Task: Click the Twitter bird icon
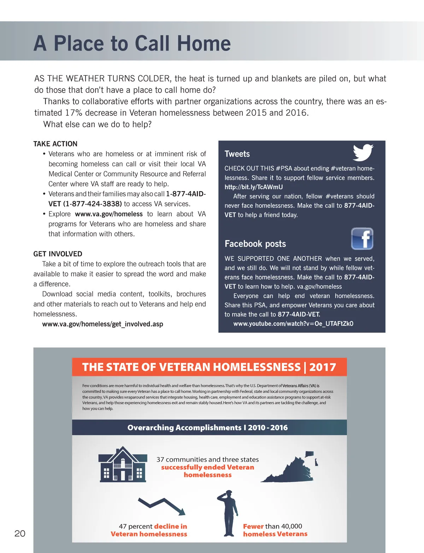pyautogui.click(x=363, y=152)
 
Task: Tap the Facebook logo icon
pyautogui.click(x=362, y=239)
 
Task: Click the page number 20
pyautogui.click(x=20, y=533)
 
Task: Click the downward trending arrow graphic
pyautogui.click(x=162, y=506)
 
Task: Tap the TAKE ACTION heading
pyautogui.click(x=55, y=144)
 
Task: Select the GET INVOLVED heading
pyautogui.click(x=58, y=254)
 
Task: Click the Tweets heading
pyautogui.click(x=237, y=154)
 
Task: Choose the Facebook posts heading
pyautogui.click(x=255, y=244)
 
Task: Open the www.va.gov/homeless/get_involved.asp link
pyautogui.click(x=102, y=324)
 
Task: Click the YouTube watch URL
pyautogui.click(x=293, y=324)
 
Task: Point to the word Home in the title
pyautogui.click(x=204, y=43)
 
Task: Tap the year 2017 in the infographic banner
pyautogui.click(x=322, y=367)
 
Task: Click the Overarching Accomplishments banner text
pyautogui.click(x=208, y=427)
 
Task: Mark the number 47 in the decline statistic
pyautogui.click(x=123, y=526)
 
